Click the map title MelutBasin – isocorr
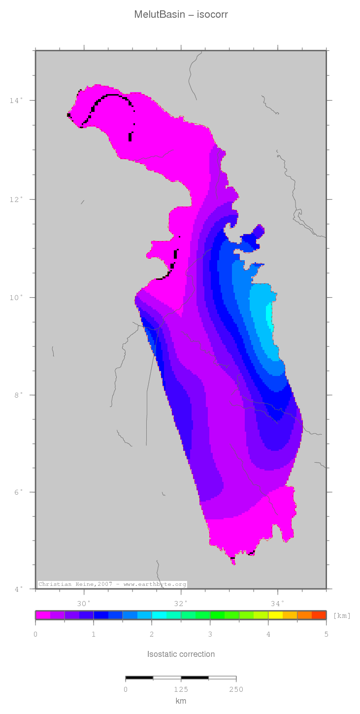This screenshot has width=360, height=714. tap(181, 15)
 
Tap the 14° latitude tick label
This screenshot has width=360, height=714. tap(16, 101)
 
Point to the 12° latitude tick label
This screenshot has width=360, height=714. tap(16, 200)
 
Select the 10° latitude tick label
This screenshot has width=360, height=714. tap(16, 298)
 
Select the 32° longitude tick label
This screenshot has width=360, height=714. tap(181, 603)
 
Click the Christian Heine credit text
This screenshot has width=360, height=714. tap(112, 584)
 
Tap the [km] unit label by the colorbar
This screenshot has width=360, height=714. tap(342, 615)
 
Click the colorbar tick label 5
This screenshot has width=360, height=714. tap(326, 635)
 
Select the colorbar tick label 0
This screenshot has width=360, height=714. tap(35, 635)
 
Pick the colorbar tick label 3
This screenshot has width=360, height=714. tap(210, 635)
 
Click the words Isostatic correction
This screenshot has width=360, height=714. tap(181, 654)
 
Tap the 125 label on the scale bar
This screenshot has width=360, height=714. tap(181, 689)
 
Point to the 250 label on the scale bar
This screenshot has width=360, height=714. tap(236, 689)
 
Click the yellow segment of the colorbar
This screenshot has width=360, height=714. tap(275, 615)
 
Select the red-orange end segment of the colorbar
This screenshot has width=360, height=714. tap(319, 615)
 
